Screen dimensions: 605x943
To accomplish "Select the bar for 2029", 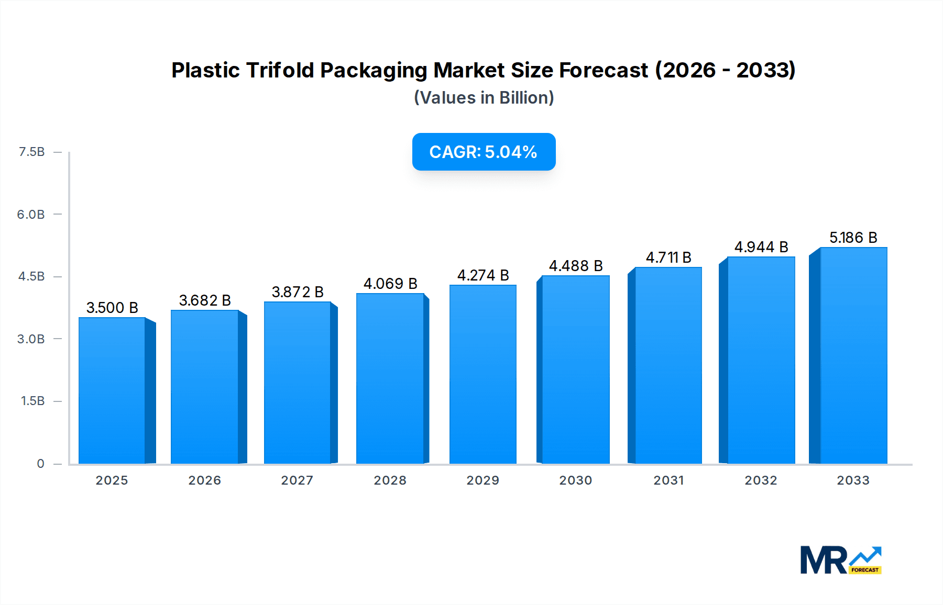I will [x=483, y=374].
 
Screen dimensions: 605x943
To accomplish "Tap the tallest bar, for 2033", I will [x=853, y=356].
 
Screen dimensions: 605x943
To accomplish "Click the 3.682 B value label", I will [x=205, y=300].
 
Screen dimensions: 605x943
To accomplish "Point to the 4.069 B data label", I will [x=390, y=284].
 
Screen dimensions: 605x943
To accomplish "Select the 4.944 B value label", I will [x=761, y=247].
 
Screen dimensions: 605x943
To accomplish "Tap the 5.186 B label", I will [x=853, y=238].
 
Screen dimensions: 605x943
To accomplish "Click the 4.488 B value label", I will [x=576, y=266].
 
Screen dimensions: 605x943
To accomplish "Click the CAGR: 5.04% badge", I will [x=484, y=152].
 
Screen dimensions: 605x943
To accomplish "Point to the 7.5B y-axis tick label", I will [x=31, y=152].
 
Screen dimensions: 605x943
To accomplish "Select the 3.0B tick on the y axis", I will [x=31, y=339].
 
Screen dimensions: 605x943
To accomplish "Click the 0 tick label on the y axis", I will [x=40, y=463].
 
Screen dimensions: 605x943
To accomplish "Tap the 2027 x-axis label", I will [x=297, y=480].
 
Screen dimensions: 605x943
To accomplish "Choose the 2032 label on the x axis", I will [x=761, y=480].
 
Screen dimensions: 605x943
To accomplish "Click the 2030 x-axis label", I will [x=575, y=480].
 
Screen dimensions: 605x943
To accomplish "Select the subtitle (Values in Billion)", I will [x=484, y=98].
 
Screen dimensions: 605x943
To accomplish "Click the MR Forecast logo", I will [x=840, y=560].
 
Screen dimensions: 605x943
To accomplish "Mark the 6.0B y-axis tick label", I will [x=31, y=214].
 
